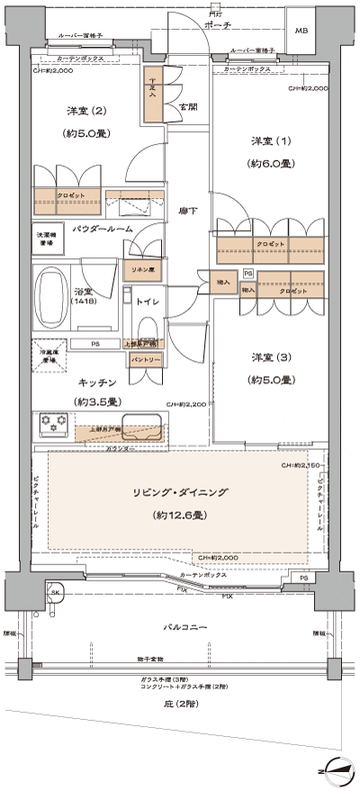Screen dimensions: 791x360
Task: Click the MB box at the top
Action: [x=301, y=31]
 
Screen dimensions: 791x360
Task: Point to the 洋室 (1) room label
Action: [x=271, y=143]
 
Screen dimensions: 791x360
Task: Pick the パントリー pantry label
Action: [x=146, y=359]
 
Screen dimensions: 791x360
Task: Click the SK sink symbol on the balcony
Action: [x=55, y=595]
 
